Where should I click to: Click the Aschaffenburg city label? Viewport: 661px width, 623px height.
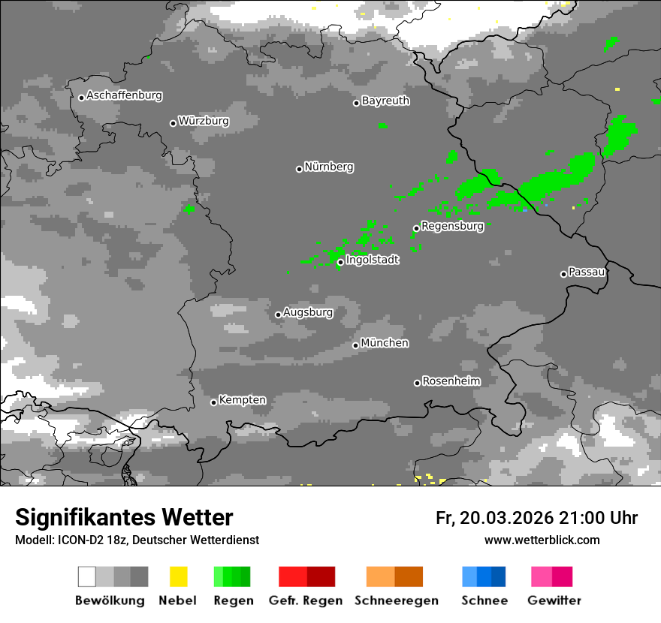coord(124,95)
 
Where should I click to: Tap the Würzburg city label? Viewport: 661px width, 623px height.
coord(204,121)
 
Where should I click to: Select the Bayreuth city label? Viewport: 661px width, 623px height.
coord(385,101)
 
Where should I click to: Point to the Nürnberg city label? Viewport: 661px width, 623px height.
coord(329,167)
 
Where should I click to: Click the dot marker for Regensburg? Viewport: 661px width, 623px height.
coord(416,228)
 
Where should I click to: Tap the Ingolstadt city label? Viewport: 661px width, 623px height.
coord(372,260)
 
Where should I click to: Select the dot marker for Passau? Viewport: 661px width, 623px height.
coord(563,274)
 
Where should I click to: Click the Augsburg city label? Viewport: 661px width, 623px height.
coord(308,312)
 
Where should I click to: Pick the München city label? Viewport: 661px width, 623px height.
coord(385,343)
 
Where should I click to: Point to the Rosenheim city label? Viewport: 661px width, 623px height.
coord(451,381)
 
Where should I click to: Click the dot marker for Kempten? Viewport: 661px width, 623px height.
coord(213,402)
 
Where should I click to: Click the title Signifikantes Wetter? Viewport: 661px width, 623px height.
coord(124,517)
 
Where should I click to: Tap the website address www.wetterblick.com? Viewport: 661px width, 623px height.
coord(542,540)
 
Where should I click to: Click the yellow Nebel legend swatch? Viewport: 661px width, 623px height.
coord(178,576)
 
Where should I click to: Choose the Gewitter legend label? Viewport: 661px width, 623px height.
coord(554,600)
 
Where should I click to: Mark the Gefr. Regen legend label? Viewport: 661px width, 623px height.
coord(306,600)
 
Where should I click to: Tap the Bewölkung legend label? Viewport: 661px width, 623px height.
coord(110,600)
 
